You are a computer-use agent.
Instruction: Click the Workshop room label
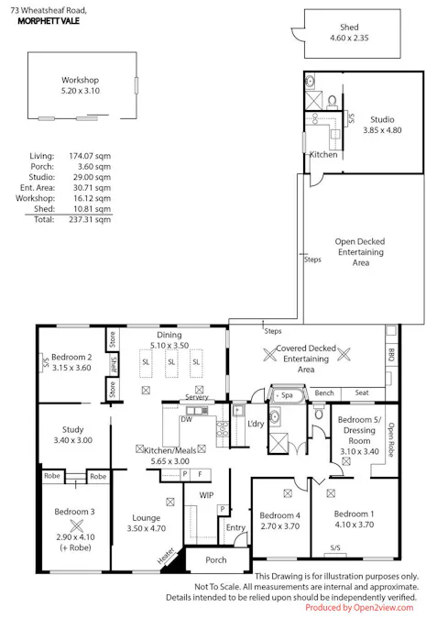coord(80,80)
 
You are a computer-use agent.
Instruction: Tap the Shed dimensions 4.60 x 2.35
coord(349,38)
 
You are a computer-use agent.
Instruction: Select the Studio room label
coord(382,119)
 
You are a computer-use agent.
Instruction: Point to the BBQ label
coord(391,354)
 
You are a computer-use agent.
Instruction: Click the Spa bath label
coord(287,394)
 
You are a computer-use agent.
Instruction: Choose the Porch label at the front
coord(216,559)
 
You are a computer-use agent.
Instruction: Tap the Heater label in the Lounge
coord(166,556)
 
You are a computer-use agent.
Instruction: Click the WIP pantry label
coord(206,495)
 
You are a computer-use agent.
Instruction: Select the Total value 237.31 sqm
coord(90,219)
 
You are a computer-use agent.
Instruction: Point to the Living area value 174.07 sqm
coord(90,156)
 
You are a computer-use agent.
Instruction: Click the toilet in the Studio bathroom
coord(332,101)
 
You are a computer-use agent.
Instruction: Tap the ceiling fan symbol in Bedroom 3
coord(77,525)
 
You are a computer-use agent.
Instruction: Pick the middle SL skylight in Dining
coord(171,362)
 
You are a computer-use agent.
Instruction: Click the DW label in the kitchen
coord(186,419)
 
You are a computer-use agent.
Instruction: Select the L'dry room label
coord(256,424)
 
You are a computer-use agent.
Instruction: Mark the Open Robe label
coord(391,439)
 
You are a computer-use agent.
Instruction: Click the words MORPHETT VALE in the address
coord(49,21)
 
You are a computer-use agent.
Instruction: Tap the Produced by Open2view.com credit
coord(359,608)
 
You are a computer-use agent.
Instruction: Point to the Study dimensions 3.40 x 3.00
coord(73,440)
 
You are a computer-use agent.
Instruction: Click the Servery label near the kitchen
coord(197,397)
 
